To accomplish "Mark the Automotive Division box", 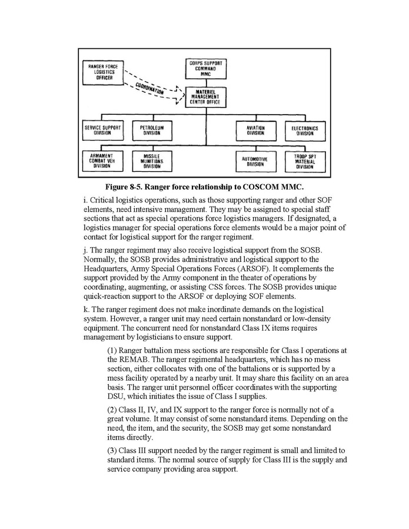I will (x=255, y=161).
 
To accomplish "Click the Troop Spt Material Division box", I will (x=304, y=161).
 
